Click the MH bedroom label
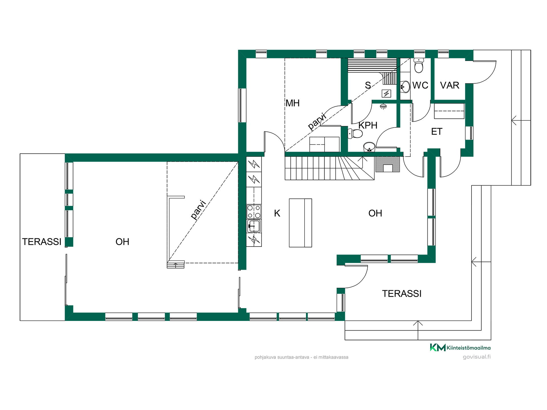pos(293,103)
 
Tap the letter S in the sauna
pos(368,85)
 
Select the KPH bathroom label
pos(368,125)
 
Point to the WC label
pos(420,85)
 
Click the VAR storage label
pos(450,85)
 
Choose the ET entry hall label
pos(437,132)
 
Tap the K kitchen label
pos(277,213)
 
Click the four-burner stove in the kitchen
pos(254,212)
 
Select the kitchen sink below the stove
pos(254,226)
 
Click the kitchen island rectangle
pos(300,223)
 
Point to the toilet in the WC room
pos(419,66)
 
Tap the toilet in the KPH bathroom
pos(355,133)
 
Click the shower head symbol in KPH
pos(383,106)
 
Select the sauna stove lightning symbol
pos(386,93)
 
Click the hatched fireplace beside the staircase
pos(388,164)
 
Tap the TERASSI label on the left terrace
pos(42,242)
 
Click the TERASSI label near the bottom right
pos(402,294)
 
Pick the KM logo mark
pos(438,347)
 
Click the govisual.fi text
pos(477,357)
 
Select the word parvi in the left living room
pos(198,210)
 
